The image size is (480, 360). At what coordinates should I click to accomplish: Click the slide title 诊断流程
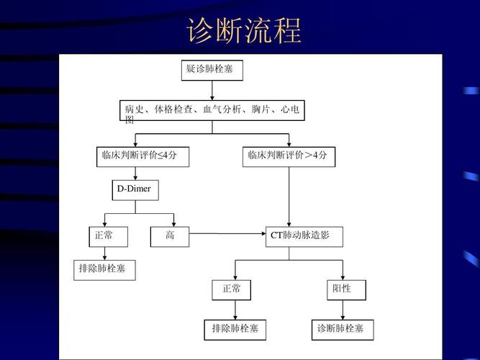pyautogui.click(x=244, y=31)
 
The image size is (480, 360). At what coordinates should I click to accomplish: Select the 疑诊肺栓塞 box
pyautogui.click(x=212, y=71)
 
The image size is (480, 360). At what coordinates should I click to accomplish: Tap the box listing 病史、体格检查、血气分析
pyautogui.click(x=212, y=110)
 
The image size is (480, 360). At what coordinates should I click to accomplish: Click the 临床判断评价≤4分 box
pyautogui.click(x=142, y=157)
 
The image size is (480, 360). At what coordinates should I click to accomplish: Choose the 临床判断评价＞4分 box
pyautogui.click(x=289, y=157)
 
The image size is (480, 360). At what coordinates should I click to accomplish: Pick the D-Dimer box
pyautogui.click(x=135, y=190)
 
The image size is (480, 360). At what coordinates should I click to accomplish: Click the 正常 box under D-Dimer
pyautogui.click(x=109, y=237)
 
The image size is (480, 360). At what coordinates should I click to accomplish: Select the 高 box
pyautogui.click(x=170, y=237)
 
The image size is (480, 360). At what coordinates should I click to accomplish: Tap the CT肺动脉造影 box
pyautogui.click(x=304, y=237)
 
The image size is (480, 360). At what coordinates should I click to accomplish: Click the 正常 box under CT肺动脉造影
pyautogui.click(x=232, y=290)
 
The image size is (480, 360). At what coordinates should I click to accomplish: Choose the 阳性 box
pyautogui.click(x=347, y=290)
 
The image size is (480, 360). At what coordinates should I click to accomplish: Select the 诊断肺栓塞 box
pyautogui.click(x=343, y=330)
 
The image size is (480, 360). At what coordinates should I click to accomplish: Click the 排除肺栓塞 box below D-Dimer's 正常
pyautogui.click(x=104, y=270)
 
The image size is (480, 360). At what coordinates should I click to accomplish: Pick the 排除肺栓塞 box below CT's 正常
pyautogui.click(x=235, y=330)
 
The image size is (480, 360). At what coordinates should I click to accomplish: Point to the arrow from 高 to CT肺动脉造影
pyautogui.click(x=227, y=233)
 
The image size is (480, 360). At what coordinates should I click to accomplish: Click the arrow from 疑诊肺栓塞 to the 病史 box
pyautogui.click(x=212, y=91)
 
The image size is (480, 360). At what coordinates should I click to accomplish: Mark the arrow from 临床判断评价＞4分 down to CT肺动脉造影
pyautogui.click(x=289, y=197)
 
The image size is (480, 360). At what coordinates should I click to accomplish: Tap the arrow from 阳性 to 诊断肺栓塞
pyautogui.click(x=343, y=310)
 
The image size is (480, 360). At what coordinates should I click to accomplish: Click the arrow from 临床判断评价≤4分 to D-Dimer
pyautogui.click(x=135, y=174)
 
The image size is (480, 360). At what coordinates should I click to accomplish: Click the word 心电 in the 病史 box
pyautogui.click(x=290, y=109)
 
